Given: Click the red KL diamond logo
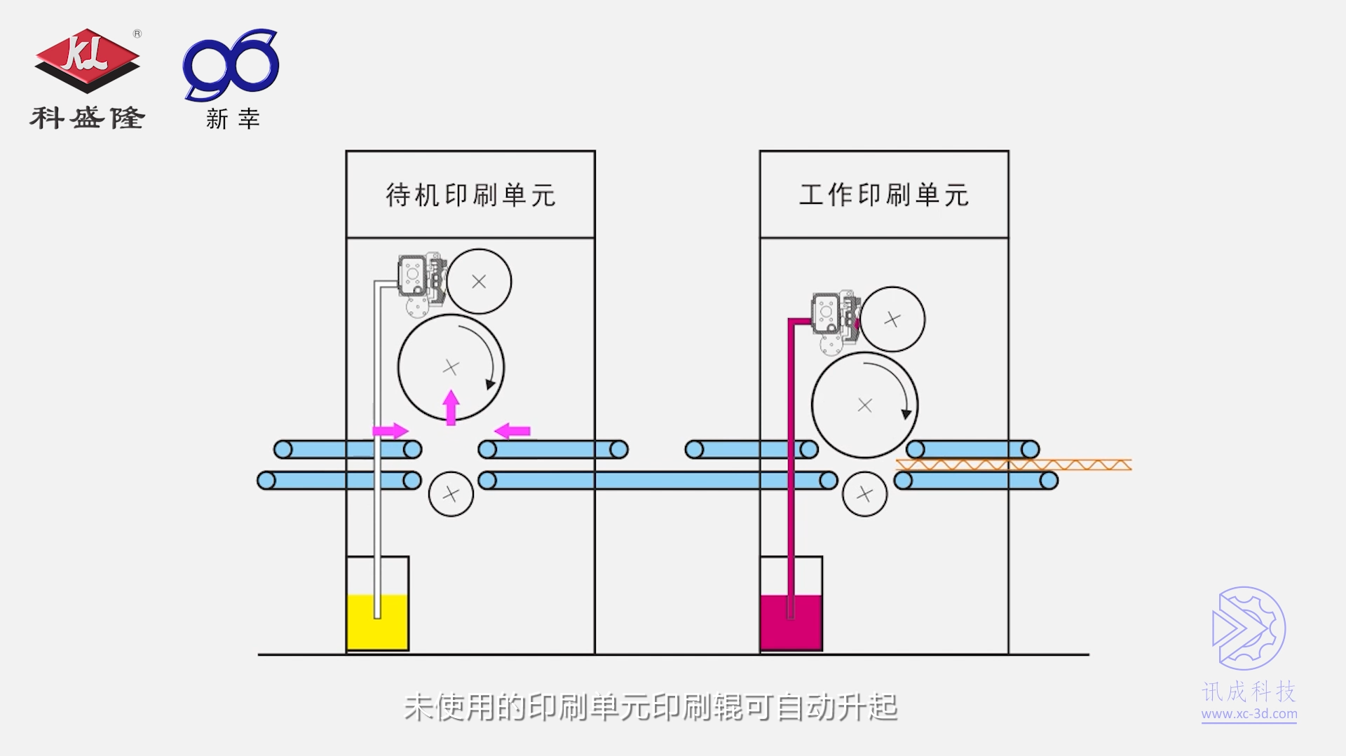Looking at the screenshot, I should click(x=87, y=60).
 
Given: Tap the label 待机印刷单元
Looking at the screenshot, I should click(x=470, y=195).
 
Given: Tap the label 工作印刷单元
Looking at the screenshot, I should click(x=884, y=195).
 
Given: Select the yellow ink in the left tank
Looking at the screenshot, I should click(x=378, y=622).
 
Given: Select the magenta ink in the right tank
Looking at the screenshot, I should click(x=791, y=622).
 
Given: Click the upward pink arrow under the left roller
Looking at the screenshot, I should click(x=451, y=407).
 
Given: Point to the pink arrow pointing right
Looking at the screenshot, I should click(x=390, y=430).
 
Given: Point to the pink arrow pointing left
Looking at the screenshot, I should click(x=512, y=430).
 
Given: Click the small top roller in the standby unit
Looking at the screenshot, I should click(x=480, y=282).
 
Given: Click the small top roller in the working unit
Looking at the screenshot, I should click(x=892, y=319).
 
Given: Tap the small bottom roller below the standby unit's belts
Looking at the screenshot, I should click(x=451, y=494).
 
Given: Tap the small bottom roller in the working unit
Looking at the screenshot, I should click(x=864, y=494).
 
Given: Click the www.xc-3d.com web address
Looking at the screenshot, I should click(x=1249, y=714).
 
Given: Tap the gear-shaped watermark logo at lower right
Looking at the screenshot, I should click(x=1249, y=628).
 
